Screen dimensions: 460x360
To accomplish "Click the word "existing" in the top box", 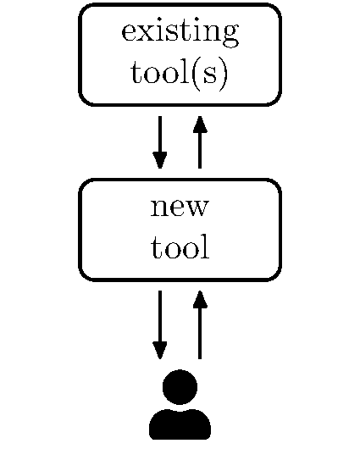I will (180, 33).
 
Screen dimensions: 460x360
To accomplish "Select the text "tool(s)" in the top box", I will (180, 74).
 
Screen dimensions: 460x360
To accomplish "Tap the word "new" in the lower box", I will (180, 207).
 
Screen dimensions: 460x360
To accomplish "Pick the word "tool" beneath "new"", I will (180, 248).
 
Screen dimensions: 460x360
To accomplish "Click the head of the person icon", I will (180, 387).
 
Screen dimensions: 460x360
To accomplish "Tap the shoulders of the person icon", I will (180, 424).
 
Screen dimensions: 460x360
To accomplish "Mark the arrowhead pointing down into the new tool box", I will (159, 160).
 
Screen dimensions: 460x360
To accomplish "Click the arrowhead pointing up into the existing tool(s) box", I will (200, 125).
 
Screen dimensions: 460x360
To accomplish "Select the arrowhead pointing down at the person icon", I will (159, 350).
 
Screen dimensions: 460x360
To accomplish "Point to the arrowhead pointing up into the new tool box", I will (200, 299).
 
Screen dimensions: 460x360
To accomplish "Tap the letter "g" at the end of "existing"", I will (229, 36).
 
